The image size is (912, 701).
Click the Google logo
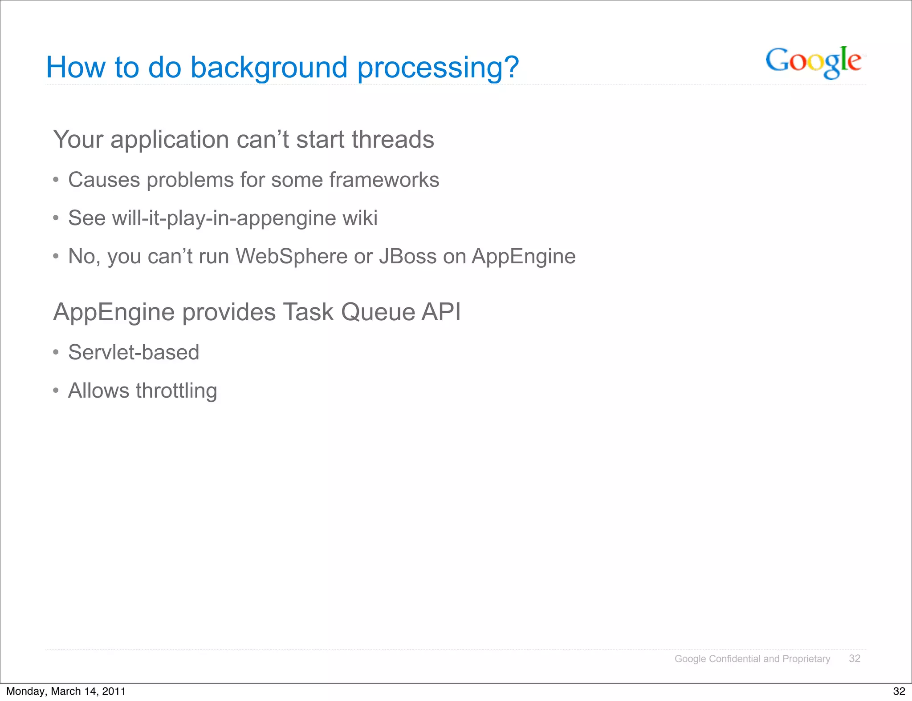tap(813, 62)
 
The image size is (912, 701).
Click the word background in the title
tap(269, 68)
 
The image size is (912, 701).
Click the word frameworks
tap(384, 180)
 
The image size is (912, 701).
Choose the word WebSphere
tap(291, 257)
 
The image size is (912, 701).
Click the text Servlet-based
tap(134, 353)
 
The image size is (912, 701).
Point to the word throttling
tap(176, 391)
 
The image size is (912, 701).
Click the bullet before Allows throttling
tap(56, 391)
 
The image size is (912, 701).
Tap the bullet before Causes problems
tap(56, 180)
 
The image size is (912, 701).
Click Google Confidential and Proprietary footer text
tap(752, 659)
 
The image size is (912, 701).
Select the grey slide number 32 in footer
tap(855, 658)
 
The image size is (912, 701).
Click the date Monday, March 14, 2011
tap(66, 691)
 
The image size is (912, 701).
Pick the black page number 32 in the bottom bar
tap(899, 691)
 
